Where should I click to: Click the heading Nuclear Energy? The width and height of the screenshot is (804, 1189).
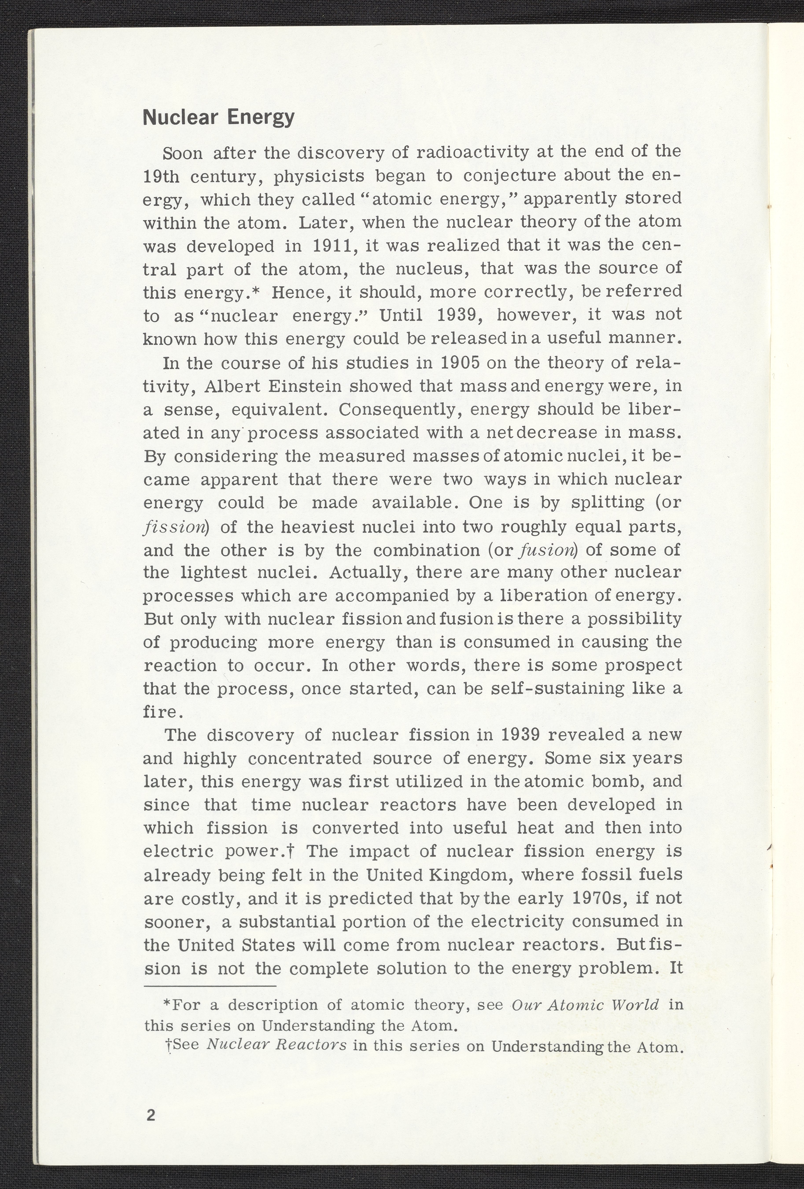(x=219, y=117)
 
